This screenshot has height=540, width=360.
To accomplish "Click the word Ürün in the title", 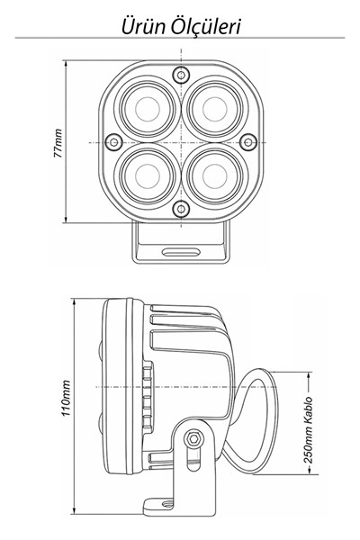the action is pos(143,27).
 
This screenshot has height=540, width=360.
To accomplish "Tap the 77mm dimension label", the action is pos(58,143).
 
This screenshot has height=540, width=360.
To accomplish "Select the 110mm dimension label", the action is pos(66,398).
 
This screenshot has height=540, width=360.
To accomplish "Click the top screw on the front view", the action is pos(181,74).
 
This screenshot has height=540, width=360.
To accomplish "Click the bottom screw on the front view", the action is pos(181,208).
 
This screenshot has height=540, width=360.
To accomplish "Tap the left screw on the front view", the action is pos(113,141).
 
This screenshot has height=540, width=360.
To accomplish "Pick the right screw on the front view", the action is pos(248,141).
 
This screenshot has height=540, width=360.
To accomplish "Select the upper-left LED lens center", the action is pos(148,109).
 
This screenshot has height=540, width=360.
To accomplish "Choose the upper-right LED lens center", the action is pos(214,109).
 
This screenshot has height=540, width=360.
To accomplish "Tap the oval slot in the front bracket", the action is pos(181,252).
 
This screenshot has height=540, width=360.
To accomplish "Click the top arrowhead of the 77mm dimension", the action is pos(66,64).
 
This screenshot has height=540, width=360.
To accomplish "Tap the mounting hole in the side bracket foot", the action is pos(166,503).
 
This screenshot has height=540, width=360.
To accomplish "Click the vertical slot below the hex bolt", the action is pos(193,459).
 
